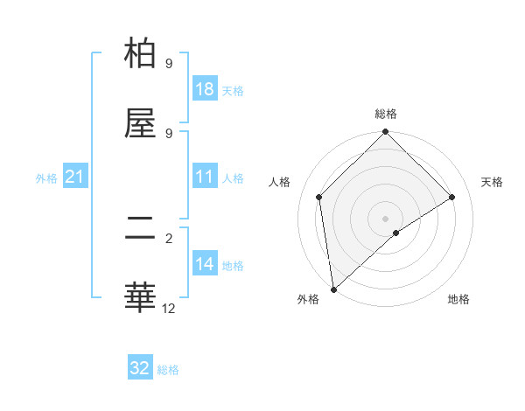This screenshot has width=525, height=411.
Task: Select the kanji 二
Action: point(140,228)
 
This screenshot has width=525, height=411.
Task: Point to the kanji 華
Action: point(140,297)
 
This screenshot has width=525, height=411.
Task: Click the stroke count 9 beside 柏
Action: point(168,64)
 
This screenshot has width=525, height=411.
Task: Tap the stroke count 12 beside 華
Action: point(169,308)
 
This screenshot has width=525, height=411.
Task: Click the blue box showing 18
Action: point(205,89)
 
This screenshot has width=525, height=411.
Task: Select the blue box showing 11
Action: point(205,177)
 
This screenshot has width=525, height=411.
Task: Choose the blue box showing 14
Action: point(205,264)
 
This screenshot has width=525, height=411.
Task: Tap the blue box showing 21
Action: point(75,177)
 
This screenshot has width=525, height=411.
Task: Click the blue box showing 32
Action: point(140,368)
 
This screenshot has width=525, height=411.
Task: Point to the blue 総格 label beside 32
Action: point(168,370)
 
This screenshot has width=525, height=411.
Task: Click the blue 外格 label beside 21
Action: point(46,178)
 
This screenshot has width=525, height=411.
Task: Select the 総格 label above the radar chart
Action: point(386,114)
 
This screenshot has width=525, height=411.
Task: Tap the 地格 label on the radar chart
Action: point(458,299)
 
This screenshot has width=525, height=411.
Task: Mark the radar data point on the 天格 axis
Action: point(452,197)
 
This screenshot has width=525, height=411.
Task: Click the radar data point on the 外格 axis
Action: point(333,289)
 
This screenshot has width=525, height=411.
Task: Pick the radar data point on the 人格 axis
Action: point(319,197)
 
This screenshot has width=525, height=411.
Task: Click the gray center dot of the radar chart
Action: point(386,218)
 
